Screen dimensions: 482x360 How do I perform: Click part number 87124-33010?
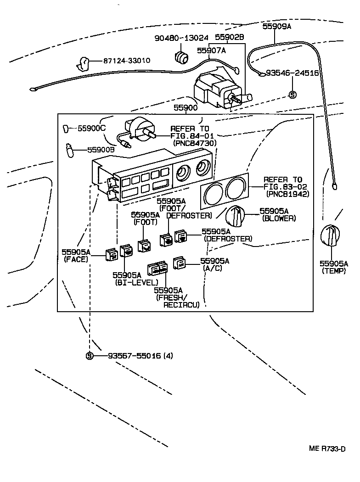pyautogui.click(x=126, y=61)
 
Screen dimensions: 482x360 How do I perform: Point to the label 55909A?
pyautogui.click(x=277, y=27)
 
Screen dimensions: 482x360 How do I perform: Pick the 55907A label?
pyautogui.click(x=212, y=50)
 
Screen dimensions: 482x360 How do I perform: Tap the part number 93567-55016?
pyautogui.click(x=135, y=356)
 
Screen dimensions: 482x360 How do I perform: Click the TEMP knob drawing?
pyautogui.click(x=331, y=237)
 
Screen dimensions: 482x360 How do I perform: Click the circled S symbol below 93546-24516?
pyautogui.click(x=292, y=95)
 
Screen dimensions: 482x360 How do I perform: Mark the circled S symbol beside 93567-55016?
pyautogui.click(x=90, y=356)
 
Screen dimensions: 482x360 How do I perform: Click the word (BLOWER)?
pyautogui.click(x=279, y=219)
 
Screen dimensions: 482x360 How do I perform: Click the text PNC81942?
pyautogui.click(x=287, y=194)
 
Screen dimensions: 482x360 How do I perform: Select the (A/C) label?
pyautogui.click(x=213, y=268)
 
